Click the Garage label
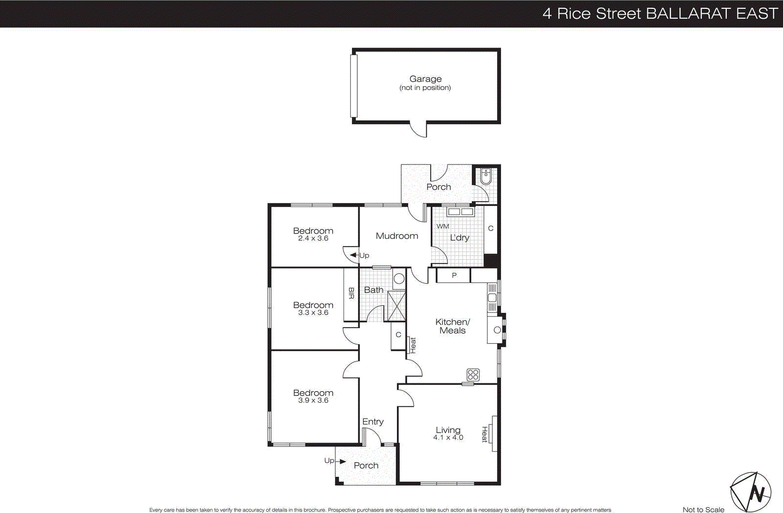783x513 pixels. pyautogui.click(x=425, y=79)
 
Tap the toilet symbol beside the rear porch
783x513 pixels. pyautogui.click(x=485, y=177)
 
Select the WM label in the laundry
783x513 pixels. pyautogui.click(x=442, y=226)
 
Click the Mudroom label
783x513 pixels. pyautogui.click(x=396, y=236)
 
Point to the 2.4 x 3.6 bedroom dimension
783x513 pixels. pyautogui.click(x=313, y=238)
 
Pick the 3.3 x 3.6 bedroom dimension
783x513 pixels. pyautogui.click(x=313, y=313)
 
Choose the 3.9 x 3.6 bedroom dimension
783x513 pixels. pyautogui.click(x=313, y=400)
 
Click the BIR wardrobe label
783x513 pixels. pyautogui.click(x=351, y=293)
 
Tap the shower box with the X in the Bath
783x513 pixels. pyautogui.click(x=396, y=306)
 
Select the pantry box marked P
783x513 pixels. pyautogui.click(x=454, y=276)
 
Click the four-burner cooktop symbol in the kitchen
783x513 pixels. pyautogui.click(x=473, y=375)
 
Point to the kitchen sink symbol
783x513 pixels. pyautogui.click(x=492, y=298)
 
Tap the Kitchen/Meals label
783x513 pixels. pyautogui.click(x=453, y=326)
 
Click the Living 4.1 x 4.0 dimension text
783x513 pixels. pyautogui.click(x=448, y=438)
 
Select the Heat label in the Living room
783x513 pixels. pyautogui.click(x=484, y=434)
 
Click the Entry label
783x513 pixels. pyautogui.click(x=373, y=421)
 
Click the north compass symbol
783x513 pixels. pyautogui.click(x=751, y=492)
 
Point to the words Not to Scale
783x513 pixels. pyautogui.click(x=703, y=510)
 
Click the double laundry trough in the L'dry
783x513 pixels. pyautogui.click(x=461, y=212)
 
